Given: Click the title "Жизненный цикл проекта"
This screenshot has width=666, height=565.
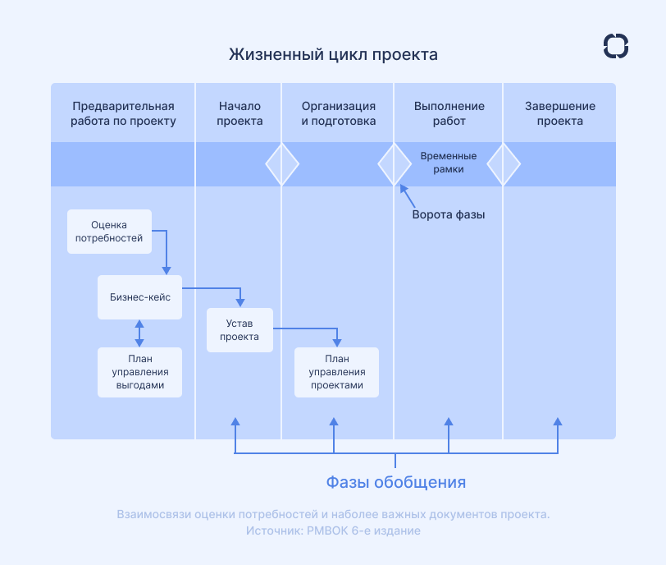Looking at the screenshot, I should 333,55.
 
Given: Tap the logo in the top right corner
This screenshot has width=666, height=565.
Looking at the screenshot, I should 615,46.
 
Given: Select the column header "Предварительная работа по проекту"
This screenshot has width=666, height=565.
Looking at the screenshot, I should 123,113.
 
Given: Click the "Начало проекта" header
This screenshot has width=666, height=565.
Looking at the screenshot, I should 239,113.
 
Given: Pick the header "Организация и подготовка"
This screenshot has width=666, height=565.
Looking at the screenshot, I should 338,113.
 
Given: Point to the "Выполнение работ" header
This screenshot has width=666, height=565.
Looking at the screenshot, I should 449,113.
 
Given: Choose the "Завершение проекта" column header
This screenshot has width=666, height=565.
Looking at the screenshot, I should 559,113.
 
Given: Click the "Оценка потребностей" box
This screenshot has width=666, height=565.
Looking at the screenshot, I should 109,231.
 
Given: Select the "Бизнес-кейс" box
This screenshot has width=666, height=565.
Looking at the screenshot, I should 139,296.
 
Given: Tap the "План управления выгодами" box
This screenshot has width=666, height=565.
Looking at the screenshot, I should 139,372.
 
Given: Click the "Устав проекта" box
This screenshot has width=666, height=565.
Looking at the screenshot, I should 239,329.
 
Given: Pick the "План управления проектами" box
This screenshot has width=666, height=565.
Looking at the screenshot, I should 337,372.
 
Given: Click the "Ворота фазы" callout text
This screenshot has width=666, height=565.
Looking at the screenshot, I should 448,215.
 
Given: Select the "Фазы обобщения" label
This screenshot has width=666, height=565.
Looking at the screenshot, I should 396,481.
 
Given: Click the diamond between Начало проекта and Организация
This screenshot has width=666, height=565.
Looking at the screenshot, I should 282,164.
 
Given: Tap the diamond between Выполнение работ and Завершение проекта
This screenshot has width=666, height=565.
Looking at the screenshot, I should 504,164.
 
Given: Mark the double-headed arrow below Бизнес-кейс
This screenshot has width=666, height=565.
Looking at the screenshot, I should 139,332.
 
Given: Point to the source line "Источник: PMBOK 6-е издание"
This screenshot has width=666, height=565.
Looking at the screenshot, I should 333,531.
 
